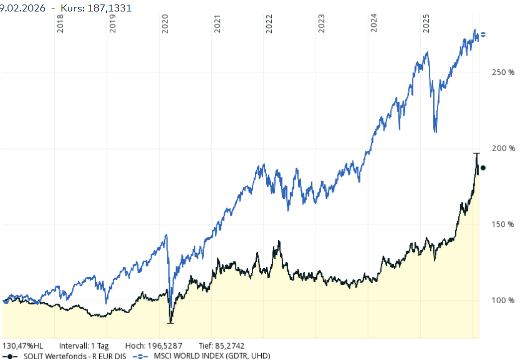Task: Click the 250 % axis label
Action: click(504, 73)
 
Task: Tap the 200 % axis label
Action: click(504, 149)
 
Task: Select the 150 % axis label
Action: click(504, 225)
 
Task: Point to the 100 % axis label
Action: click(504, 301)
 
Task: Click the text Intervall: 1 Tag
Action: click(84, 346)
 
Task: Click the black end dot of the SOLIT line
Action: click(483, 168)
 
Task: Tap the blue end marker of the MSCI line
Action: click(483, 34)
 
